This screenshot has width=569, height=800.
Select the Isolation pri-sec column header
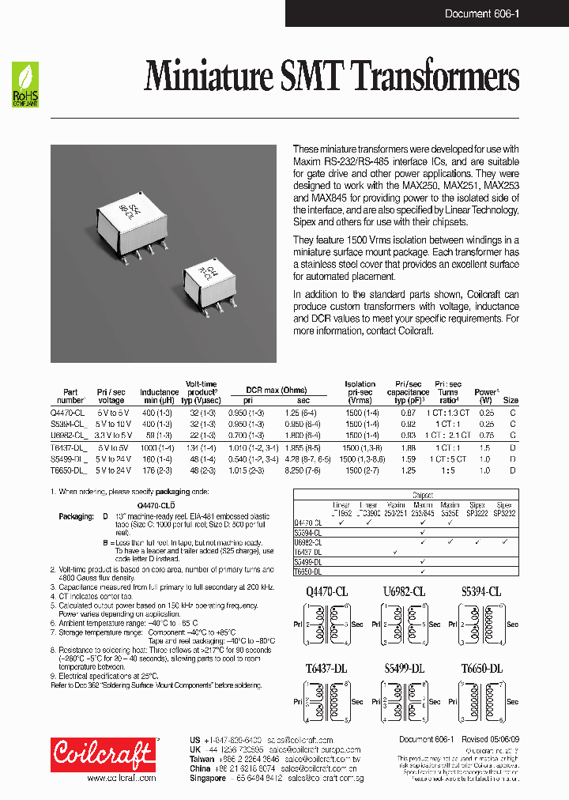click(x=360, y=392)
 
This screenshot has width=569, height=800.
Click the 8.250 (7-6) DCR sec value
click(x=303, y=470)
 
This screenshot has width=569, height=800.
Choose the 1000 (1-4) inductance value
click(x=160, y=447)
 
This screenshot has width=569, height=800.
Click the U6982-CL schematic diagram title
click(x=404, y=592)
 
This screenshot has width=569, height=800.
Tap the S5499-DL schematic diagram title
click(x=404, y=669)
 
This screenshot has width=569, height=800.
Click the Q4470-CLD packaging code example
click(x=156, y=504)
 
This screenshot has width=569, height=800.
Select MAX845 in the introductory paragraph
click(x=315, y=198)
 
